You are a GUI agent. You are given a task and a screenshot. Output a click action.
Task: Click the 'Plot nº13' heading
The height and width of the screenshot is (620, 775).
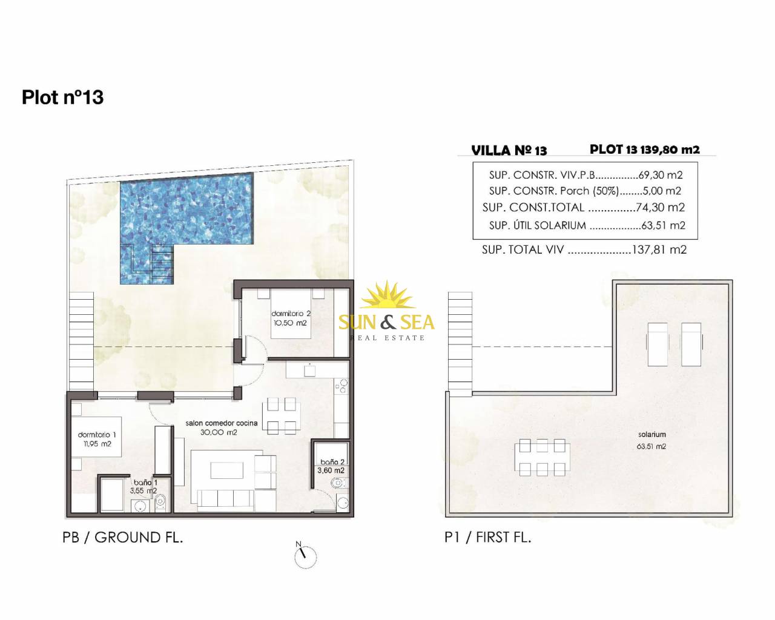[62, 97]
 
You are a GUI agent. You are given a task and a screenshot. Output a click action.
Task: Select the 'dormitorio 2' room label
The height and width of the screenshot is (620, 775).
[291, 314]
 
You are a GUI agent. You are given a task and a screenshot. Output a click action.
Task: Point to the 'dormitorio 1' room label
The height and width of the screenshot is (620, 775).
[97, 435]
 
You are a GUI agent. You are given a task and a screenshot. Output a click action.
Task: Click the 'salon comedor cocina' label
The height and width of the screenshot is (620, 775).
[222, 423]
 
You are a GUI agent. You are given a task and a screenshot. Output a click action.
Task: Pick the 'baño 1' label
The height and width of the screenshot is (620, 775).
[145, 483]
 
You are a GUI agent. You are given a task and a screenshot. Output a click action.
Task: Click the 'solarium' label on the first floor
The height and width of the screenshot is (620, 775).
[651, 435]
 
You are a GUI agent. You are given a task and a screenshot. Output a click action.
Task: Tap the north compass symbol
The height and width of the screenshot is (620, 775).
[305, 558]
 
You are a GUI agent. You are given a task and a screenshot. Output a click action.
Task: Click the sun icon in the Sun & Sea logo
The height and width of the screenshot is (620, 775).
[387, 295]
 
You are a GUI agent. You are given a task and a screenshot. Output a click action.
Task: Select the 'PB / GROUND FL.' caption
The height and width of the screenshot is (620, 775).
[123, 538]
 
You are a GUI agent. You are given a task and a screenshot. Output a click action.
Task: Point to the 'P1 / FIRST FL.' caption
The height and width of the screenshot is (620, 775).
[488, 537]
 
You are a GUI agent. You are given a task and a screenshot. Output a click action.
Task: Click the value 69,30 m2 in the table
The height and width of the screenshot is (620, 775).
[661, 175]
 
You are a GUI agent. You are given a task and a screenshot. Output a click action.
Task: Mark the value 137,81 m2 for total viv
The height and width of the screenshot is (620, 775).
[659, 249]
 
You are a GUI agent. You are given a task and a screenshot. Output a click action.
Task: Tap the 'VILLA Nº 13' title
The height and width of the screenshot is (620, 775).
[509, 151]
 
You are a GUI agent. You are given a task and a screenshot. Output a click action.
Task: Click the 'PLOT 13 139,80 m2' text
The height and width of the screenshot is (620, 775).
[645, 150]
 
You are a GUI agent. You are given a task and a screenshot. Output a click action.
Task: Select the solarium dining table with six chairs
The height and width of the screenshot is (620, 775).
[542, 458]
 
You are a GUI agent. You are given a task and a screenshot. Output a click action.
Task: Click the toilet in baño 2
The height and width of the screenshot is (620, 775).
[338, 483]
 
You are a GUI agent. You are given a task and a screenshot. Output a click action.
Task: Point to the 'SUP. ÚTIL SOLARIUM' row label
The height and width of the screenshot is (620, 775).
[537, 225]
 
